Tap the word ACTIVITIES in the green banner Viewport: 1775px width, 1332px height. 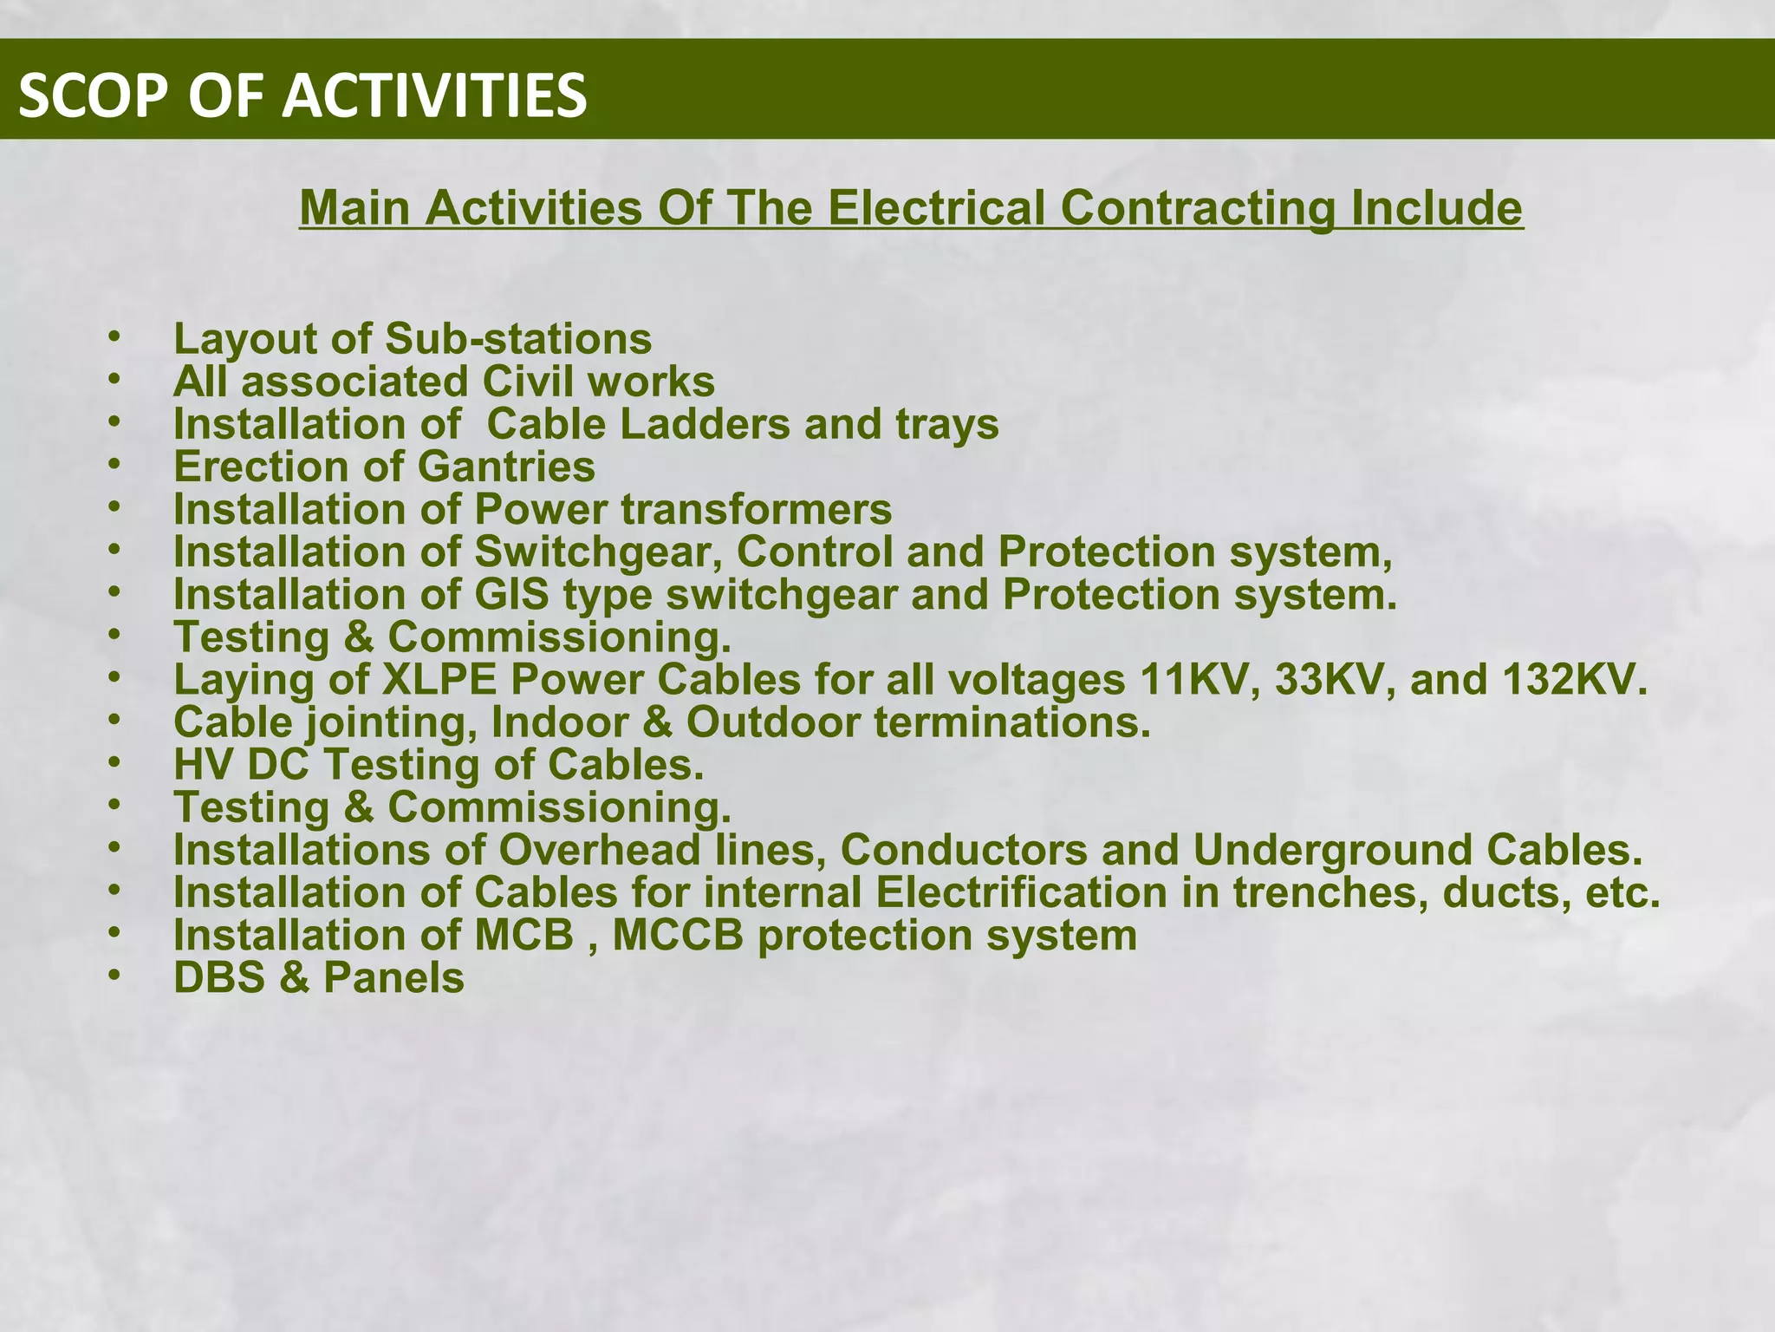[x=435, y=95]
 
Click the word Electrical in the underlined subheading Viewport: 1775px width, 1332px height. [x=937, y=208]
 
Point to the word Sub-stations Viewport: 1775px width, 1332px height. [x=517, y=338]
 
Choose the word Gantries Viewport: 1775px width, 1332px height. [x=506, y=467]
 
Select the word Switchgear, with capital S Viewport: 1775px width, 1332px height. [x=600, y=552]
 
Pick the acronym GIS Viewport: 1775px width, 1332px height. [x=511, y=595]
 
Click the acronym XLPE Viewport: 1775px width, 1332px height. [x=439, y=680]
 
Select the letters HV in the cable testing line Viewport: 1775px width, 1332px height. [x=203, y=765]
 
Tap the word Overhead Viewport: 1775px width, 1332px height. [x=599, y=850]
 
